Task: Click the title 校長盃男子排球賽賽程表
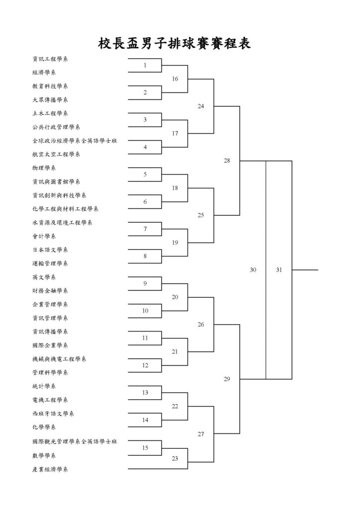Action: point(175,44)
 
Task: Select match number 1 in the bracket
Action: point(145,65)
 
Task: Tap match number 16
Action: point(175,79)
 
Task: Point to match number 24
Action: point(201,106)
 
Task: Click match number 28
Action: point(227,161)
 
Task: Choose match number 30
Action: point(253,270)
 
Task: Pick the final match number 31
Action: point(279,270)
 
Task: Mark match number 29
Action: point(227,379)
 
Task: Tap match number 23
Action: point(175,458)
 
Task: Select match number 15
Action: point(145,448)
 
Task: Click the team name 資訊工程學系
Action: point(50,59)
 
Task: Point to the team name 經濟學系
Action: point(44,73)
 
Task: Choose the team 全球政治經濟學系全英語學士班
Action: point(75,141)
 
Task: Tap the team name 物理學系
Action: point(44,168)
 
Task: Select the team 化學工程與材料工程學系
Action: point(65,209)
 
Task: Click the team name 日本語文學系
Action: point(50,250)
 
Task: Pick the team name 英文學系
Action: point(44,277)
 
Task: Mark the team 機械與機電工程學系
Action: point(59,359)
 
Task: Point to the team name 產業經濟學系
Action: point(50,469)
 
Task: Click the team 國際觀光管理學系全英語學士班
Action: point(75,441)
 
